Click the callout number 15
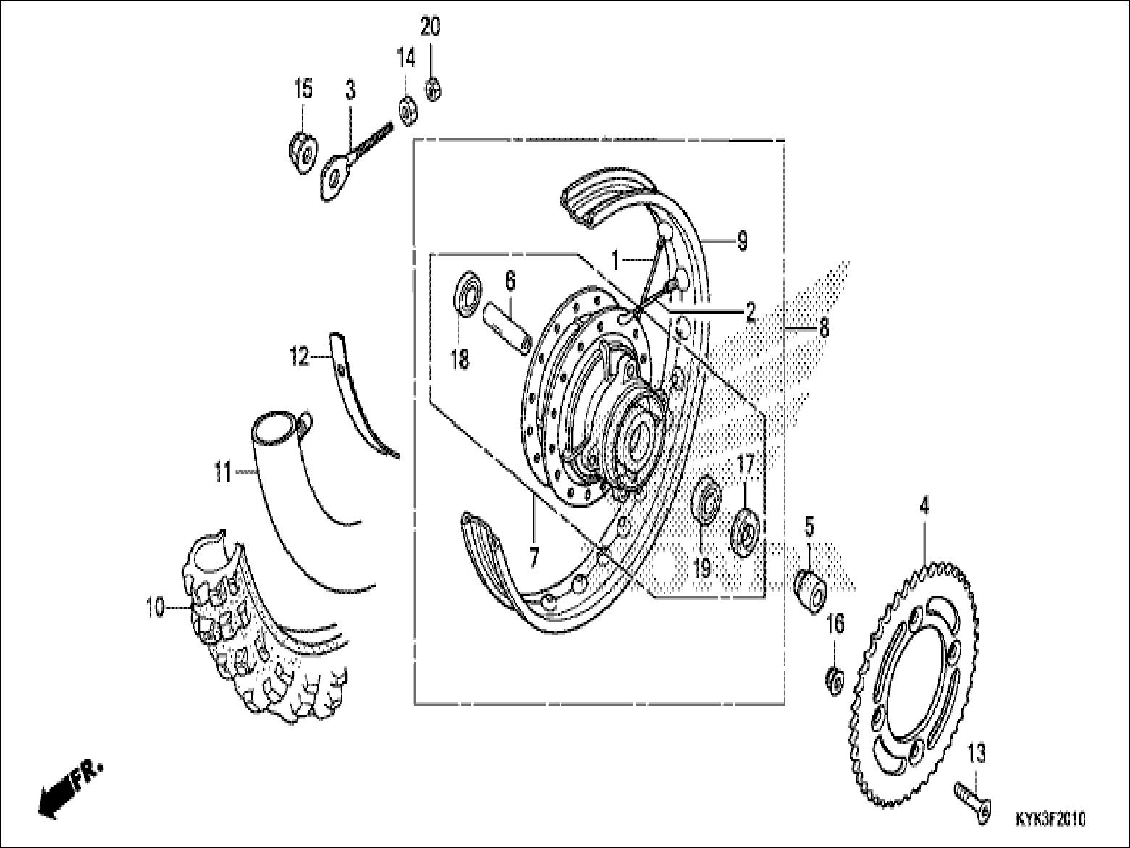click(303, 89)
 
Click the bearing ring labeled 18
click(468, 293)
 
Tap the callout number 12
click(299, 357)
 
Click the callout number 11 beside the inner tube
click(222, 474)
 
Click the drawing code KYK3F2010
click(1050, 819)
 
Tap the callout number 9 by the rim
click(742, 240)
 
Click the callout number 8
click(823, 328)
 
